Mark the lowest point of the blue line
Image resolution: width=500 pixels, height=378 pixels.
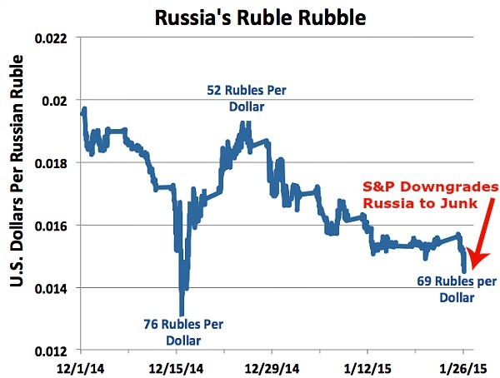tap(182, 313)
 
